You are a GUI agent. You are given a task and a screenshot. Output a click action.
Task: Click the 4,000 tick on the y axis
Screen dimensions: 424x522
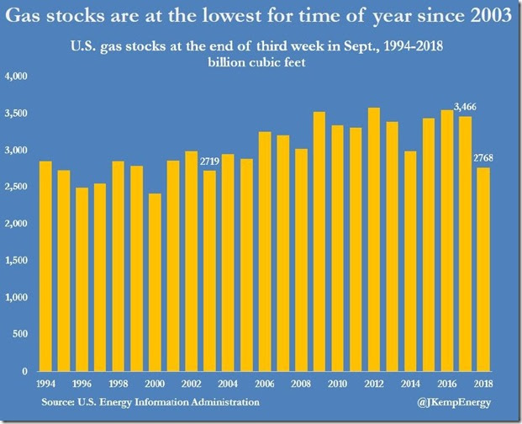(x=17, y=77)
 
